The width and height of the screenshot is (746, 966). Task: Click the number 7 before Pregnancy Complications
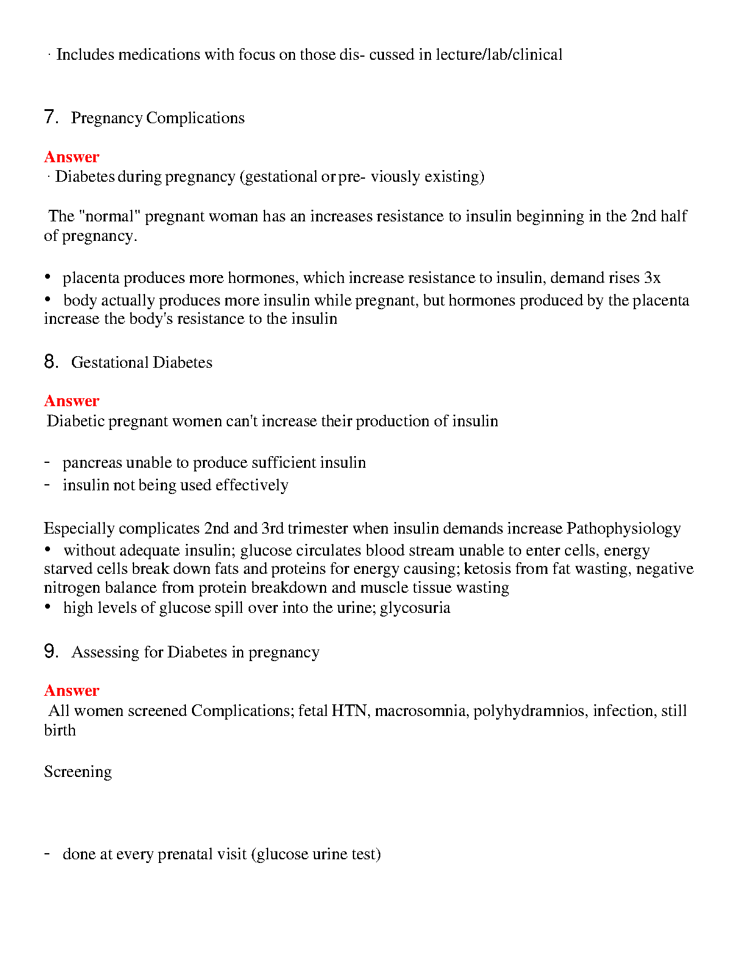tap(50, 117)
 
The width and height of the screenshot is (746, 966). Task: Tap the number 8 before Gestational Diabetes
tap(50, 362)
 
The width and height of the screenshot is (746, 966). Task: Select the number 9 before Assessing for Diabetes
tap(50, 651)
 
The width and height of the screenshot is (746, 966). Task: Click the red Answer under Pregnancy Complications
tap(71, 157)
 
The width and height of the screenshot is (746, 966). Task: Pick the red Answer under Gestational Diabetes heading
tap(71, 401)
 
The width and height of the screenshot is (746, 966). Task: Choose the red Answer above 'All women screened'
tap(71, 690)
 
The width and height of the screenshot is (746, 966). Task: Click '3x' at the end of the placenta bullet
tap(652, 278)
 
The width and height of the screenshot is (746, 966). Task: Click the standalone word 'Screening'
tap(78, 772)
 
